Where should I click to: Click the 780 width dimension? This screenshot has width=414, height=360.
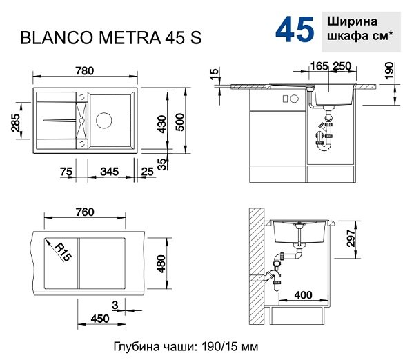pos(84,71)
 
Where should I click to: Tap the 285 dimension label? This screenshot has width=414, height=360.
pos(16,123)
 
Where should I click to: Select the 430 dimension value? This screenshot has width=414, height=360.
pos(161,124)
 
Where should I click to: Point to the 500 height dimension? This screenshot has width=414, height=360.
pos(180,122)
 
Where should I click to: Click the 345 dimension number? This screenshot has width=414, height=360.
pos(109,172)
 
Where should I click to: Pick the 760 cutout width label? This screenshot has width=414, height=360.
pos(85,212)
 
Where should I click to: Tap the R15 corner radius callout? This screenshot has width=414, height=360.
pos(63,252)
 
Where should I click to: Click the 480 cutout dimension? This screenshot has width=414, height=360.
pos(161,263)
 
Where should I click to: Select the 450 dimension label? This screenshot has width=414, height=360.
pos(100,319)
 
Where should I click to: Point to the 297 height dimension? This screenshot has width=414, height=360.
pos(351,238)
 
